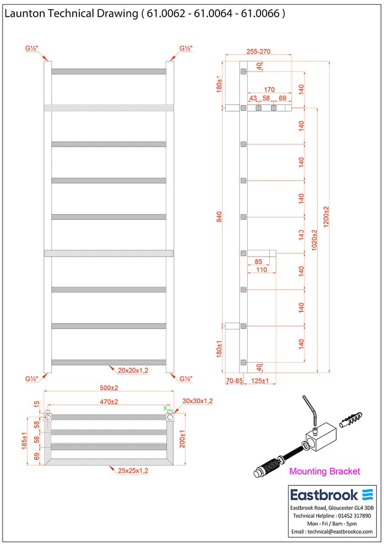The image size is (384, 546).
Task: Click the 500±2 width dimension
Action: point(109,388)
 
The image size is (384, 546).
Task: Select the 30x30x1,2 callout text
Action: point(197,401)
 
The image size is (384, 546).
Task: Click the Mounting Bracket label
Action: point(324,471)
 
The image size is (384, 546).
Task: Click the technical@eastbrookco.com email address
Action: point(331,532)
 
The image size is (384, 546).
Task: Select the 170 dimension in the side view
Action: point(268,89)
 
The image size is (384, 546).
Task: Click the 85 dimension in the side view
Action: point(259,262)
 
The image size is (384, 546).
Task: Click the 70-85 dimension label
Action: point(235,381)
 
